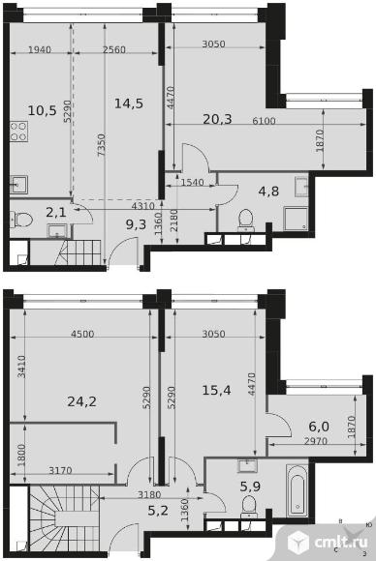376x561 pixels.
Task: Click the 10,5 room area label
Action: tap(42, 110)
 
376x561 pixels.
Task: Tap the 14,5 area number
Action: tap(129, 103)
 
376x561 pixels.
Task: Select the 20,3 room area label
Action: tap(217, 119)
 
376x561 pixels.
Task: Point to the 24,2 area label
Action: tap(81, 401)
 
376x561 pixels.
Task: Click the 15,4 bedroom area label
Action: tap(216, 390)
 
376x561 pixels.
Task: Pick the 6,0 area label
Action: tap(319, 427)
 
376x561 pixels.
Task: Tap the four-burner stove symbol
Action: tap(18, 132)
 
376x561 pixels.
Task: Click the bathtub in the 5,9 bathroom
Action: tap(298, 490)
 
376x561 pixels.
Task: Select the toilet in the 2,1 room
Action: tap(21, 219)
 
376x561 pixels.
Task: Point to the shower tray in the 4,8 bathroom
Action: tap(296, 219)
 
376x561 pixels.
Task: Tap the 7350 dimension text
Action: tap(102, 144)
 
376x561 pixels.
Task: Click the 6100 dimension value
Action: tap(265, 121)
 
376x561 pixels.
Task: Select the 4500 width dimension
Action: tap(82, 334)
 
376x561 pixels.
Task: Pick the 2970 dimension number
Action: tap(316, 441)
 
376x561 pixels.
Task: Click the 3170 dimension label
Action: tap(60, 470)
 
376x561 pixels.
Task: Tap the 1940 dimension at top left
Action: tap(40, 49)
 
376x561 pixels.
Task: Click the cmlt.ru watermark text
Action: tap(341, 542)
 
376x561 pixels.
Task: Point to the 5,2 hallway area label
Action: tap(158, 510)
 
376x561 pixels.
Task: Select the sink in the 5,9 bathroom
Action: tap(247, 466)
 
